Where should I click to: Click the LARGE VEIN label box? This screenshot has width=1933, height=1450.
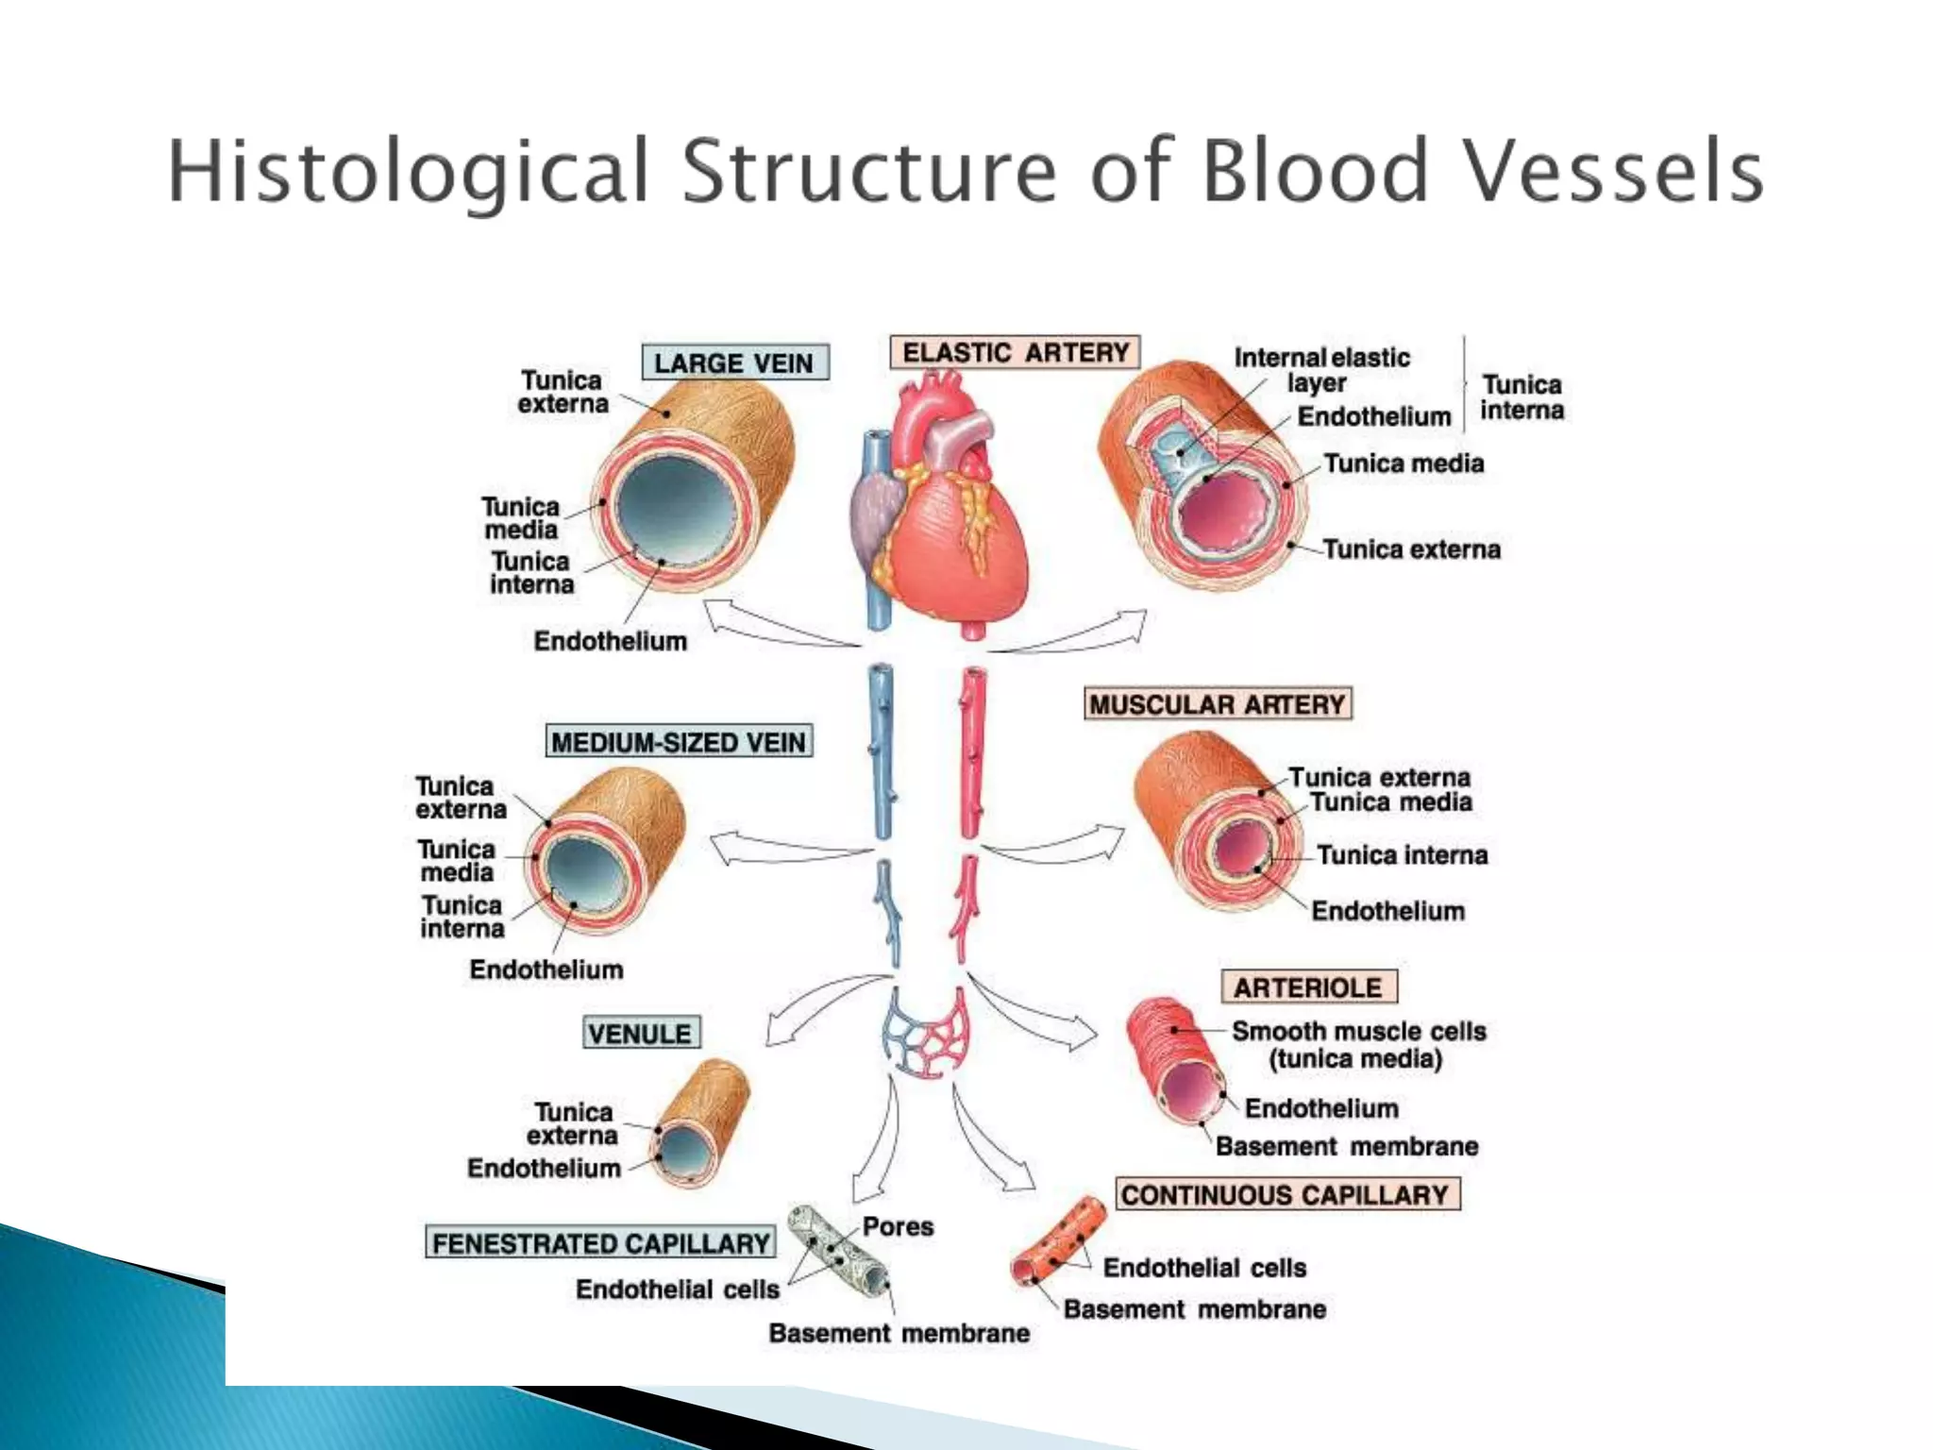734,363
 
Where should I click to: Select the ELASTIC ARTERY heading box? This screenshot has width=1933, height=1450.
1015,353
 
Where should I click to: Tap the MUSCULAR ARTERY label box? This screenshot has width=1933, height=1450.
1218,704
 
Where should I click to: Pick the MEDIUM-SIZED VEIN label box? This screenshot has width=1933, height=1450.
679,742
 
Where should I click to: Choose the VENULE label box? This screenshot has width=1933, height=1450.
641,1034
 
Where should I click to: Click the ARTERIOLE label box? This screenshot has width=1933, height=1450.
1308,987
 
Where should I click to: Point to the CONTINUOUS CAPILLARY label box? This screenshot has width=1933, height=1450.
1286,1194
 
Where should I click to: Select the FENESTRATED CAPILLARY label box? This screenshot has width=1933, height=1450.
601,1242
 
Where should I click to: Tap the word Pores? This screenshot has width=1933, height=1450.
898,1226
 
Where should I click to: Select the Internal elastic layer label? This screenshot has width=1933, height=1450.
1320,370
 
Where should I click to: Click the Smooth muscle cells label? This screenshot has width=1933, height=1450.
1358,1032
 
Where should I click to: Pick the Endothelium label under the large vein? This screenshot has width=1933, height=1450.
610,641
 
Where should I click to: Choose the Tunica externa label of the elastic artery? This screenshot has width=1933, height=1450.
1411,549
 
